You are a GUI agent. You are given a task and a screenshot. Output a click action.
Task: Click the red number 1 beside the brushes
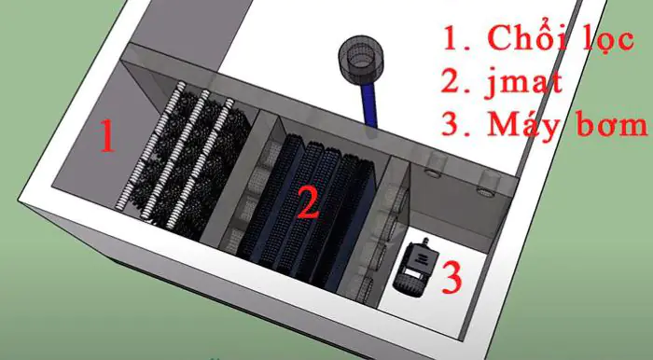(108, 138)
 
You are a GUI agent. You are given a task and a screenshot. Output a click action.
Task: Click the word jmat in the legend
(528, 84)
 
